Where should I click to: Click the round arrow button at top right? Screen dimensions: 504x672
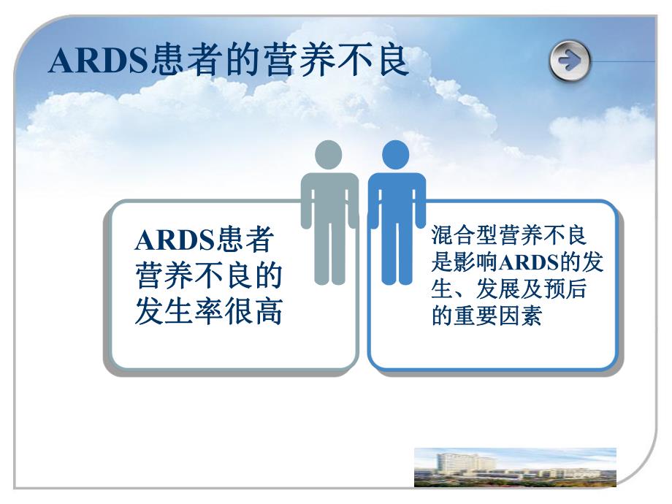point(570,61)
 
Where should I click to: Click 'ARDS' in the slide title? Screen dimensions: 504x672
point(98,62)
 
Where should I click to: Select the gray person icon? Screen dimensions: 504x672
point(329,212)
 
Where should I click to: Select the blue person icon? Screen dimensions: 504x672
point(396,212)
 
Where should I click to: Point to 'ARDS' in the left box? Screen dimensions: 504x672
point(173,240)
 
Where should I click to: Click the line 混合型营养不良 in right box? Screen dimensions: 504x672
point(509,236)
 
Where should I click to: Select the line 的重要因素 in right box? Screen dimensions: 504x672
point(486,318)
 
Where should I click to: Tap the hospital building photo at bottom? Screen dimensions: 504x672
point(515,467)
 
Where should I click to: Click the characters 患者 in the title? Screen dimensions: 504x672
point(180,61)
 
